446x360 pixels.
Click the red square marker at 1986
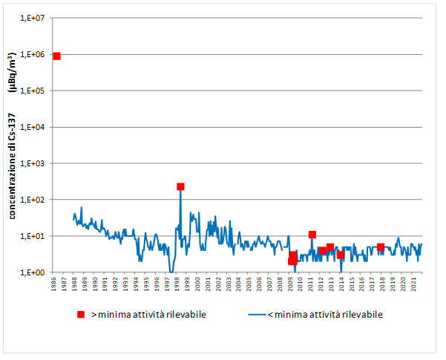[56, 56]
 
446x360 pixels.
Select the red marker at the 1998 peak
[180, 186]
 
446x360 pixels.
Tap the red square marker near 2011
[312, 235]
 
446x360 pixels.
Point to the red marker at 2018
[380, 247]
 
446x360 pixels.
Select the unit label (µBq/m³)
[12, 72]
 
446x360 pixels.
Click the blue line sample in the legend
[256, 315]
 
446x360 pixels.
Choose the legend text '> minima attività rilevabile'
[148, 315]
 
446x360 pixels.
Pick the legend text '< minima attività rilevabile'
[325, 315]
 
